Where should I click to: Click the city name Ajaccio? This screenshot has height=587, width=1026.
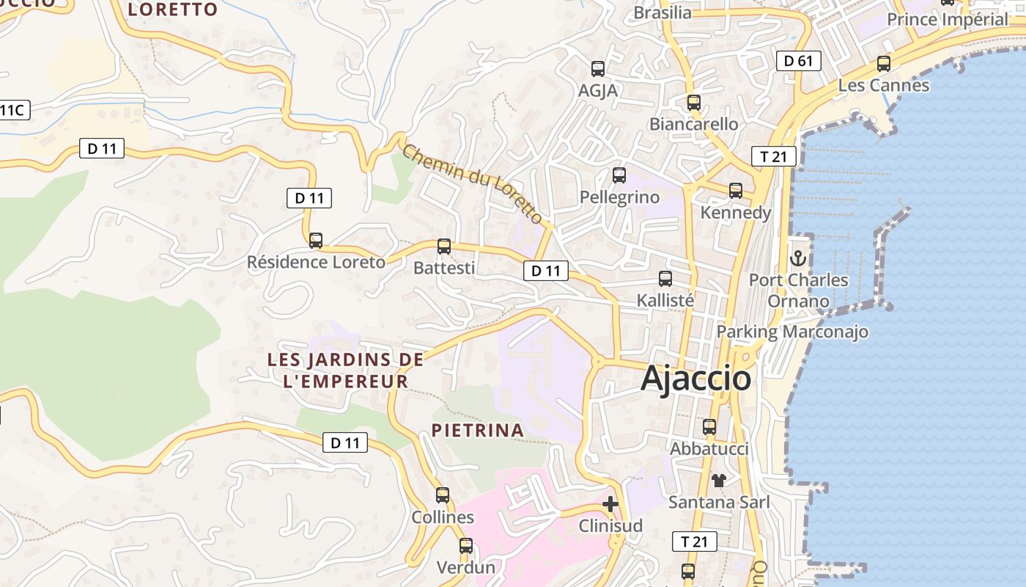tap(695, 379)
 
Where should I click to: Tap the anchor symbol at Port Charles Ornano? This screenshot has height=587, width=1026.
tap(798, 258)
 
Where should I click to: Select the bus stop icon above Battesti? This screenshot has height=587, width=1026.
tap(444, 246)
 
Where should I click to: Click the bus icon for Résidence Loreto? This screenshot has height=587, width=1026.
tap(316, 240)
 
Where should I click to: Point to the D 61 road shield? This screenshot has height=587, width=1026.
tap(798, 61)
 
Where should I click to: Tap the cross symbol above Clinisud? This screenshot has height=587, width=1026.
tap(610, 504)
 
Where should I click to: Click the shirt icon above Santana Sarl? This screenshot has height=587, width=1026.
tap(719, 481)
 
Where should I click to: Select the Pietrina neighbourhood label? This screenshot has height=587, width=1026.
tap(478, 431)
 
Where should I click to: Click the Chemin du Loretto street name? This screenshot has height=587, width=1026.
tap(473, 184)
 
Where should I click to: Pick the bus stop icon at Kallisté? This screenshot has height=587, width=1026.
tap(665, 279)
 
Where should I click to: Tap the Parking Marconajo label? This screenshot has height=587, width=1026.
tap(792, 332)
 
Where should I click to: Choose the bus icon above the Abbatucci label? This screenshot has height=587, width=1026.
tap(709, 426)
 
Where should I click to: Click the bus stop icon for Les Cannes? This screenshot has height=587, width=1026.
tap(884, 64)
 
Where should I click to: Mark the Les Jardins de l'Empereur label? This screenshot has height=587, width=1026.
tap(345, 371)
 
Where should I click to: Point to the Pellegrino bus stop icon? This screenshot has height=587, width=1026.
tap(619, 175)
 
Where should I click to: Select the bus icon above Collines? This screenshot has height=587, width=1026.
tap(443, 495)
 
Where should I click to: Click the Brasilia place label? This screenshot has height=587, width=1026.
tap(663, 12)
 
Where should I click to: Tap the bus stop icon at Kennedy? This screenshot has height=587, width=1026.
tap(736, 191)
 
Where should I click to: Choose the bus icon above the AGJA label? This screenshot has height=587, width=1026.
tap(598, 69)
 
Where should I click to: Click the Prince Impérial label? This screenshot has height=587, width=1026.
tap(948, 20)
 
